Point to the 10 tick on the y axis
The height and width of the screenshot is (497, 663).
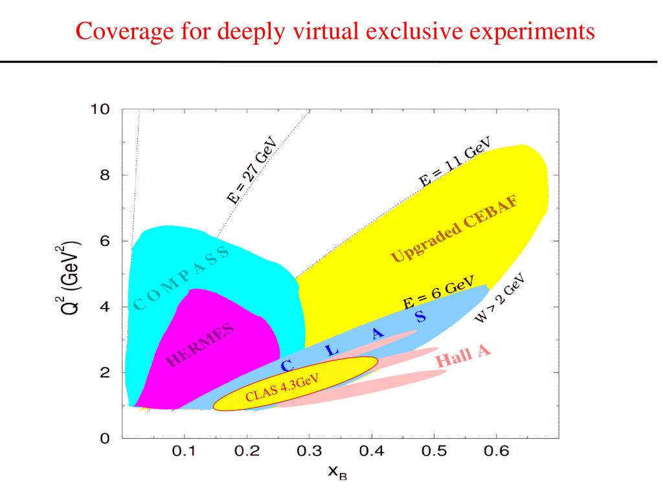[x=101, y=109]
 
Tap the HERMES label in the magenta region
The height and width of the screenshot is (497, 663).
[x=200, y=346]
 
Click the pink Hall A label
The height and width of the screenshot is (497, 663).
[x=463, y=356]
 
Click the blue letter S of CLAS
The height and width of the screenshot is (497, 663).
[x=420, y=317]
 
